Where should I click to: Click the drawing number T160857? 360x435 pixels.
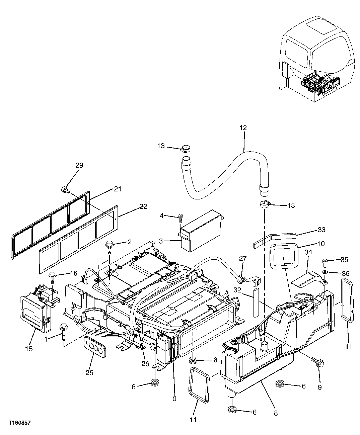(19, 423)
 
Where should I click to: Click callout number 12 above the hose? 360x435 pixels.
(243, 127)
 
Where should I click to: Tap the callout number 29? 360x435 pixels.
(79, 165)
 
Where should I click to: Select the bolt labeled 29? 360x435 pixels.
(65, 190)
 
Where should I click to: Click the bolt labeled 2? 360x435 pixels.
(110, 245)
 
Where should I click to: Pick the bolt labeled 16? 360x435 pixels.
(52, 276)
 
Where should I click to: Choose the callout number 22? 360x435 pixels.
(143, 206)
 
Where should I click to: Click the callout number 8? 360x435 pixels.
(276, 413)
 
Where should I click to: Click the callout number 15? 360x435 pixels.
(29, 348)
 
